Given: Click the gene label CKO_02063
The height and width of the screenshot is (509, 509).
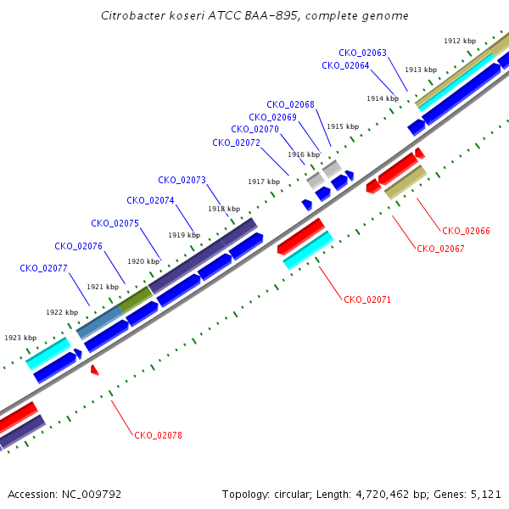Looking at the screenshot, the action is click(x=362, y=53).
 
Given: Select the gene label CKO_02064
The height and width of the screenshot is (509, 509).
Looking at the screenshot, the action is click(x=345, y=65).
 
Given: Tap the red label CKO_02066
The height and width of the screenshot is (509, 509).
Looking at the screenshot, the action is click(x=466, y=231).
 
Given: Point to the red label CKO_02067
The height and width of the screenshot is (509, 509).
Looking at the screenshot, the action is click(x=440, y=249).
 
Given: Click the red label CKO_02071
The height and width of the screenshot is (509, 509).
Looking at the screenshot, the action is click(x=367, y=299).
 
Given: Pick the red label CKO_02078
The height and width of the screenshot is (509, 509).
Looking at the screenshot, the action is click(x=158, y=435).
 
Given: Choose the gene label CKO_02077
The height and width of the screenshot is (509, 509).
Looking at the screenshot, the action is click(x=43, y=268).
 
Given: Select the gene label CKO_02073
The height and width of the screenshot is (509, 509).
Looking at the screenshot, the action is click(x=182, y=180).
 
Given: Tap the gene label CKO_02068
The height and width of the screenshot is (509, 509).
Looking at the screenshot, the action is click(x=290, y=104).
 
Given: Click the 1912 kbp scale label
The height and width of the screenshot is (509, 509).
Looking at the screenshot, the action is click(x=460, y=41).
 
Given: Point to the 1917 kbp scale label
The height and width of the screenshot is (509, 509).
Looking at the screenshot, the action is click(x=264, y=182).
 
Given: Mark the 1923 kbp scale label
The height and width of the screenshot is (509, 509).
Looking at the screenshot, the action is click(x=20, y=338).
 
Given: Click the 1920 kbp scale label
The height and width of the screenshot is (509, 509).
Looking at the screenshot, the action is click(x=143, y=261).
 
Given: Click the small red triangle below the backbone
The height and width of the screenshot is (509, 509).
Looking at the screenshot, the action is click(x=94, y=370).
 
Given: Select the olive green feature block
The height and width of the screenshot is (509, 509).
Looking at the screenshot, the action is click(x=136, y=299).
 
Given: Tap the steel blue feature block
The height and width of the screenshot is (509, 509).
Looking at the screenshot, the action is click(x=99, y=322).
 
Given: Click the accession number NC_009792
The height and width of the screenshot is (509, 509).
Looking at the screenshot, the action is click(x=92, y=495).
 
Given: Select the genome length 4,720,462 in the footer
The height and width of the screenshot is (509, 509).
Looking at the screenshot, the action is click(x=383, y=495).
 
